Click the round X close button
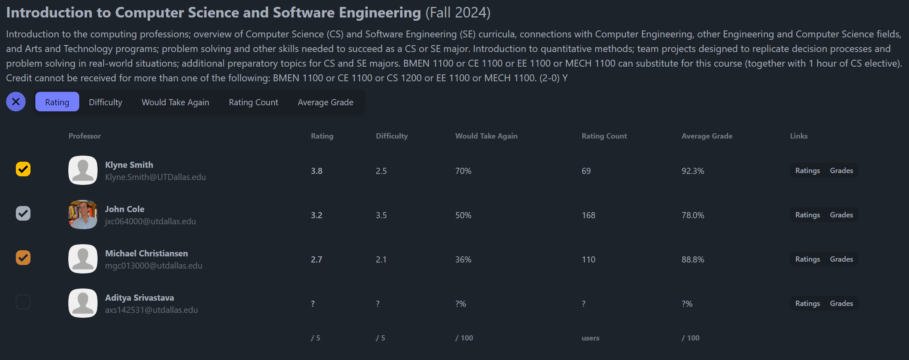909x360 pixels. (x=16, y=102)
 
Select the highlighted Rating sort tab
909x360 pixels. (x=57, y=102)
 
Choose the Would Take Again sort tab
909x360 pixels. (x=175, y=102)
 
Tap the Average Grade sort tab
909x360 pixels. (x=325, y=102)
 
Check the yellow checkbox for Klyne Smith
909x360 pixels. (x=23, y=169)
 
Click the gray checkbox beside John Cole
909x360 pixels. (x=23, y=213)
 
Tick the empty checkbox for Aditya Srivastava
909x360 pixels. (x=23, y=302)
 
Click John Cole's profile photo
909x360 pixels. (x=83, y=215)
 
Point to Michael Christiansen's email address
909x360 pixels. (x=154, y=266)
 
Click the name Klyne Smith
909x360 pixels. (x=129, y=165)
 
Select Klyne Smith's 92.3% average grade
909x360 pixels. (x=693, y=171)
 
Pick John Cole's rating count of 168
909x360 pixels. (x=588, y=215)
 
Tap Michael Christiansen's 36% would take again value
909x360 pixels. (x=463, y=260)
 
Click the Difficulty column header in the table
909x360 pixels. (x=391, y=136)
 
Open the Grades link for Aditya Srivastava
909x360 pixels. (x=841, y=304)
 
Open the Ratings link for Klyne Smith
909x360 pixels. (x=807, y=171)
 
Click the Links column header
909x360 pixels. (x=798, y=136)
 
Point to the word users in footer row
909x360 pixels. (x=590, y=338)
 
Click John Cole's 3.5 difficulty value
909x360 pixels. (x=381, y=215)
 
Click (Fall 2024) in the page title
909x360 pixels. (x=458, y=13)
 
